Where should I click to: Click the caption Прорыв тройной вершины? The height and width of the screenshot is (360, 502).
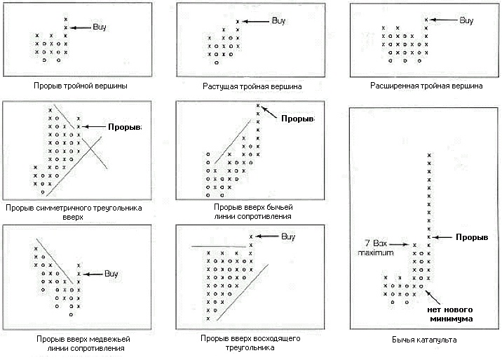81,86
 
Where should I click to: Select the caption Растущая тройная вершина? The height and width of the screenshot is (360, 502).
252,86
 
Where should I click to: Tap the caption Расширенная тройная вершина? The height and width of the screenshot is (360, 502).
426,86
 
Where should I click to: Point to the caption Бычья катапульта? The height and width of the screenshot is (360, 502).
424,340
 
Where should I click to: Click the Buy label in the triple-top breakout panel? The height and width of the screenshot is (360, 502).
100,27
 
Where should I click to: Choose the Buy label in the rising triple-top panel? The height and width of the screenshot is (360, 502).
278,21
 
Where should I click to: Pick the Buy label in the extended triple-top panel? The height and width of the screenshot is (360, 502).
466,20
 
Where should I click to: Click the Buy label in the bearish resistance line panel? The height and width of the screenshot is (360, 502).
111,274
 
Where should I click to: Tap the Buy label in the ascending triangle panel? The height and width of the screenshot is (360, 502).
288,236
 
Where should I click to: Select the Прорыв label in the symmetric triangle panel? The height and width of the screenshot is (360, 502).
125,127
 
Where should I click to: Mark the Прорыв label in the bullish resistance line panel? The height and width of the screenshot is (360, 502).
298,119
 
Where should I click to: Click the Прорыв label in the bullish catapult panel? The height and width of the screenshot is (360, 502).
472,237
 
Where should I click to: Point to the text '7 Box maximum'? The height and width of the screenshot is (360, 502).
376,248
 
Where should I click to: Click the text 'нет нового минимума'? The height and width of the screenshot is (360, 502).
450,314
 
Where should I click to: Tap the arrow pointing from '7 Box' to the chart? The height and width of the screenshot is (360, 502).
399,245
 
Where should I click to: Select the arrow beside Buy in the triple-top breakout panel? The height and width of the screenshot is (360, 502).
81,28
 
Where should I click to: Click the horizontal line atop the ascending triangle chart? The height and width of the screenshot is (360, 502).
219,246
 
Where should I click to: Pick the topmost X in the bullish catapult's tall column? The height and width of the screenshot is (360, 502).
429,155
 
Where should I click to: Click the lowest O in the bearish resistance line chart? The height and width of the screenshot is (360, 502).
71,314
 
